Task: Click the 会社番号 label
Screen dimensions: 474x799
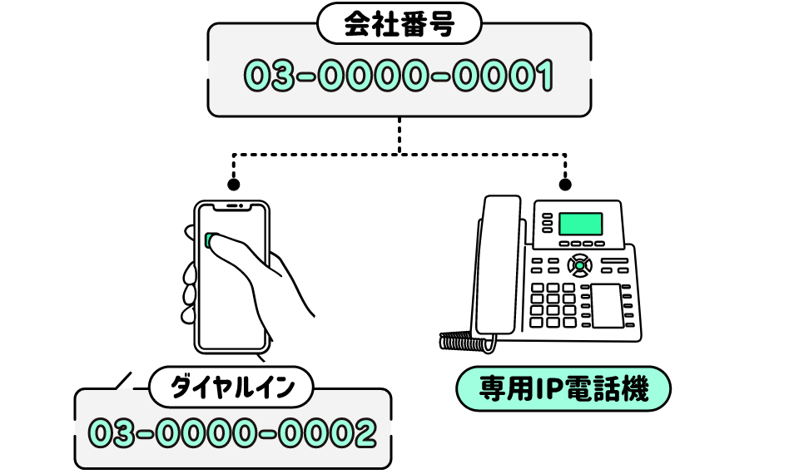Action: pos(399,26)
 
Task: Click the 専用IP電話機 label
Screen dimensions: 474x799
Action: pos(563,388)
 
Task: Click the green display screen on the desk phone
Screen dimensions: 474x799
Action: pos(580,223)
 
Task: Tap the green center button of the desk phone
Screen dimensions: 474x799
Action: pos(579,266)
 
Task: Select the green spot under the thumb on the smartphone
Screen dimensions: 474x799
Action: pos(210,240)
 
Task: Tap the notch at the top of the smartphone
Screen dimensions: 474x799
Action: pos(233,205)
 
